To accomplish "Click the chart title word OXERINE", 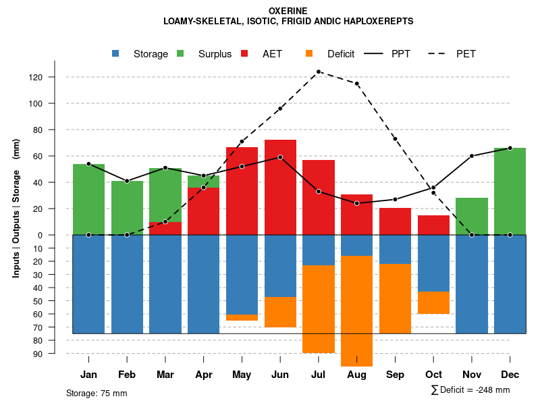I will [x=288, y=11].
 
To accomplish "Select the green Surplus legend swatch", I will [x=180, y=53].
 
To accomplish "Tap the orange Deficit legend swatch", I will [x=309, y=53].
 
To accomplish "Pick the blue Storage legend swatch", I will [x=115, y=53].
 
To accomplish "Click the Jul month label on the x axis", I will [x=319, y=375].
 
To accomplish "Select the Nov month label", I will [x=471, y=375].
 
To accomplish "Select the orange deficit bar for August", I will [x=356, y=310].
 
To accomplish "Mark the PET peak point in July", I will [x=319, y=72].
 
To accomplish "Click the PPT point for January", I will [x=88, y=164].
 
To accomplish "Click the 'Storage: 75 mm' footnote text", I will [x=97, y=393].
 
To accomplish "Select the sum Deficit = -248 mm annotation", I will [x=470, y=390].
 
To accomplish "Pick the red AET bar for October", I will [x=433, y=225].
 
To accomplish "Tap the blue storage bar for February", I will [x=127, y=283].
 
